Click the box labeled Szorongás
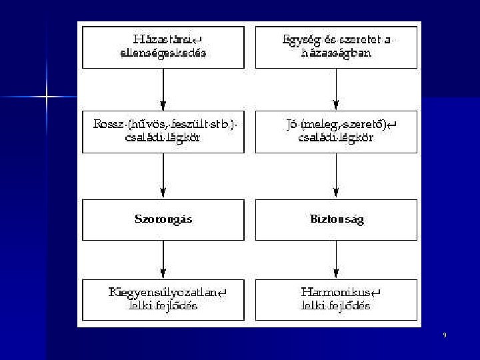coord(163,219)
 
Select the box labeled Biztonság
coord(337,219)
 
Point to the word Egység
coord(299,40)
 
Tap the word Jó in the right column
coord(291,125)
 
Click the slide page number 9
coord(445,335)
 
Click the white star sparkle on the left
coord(47,97)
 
